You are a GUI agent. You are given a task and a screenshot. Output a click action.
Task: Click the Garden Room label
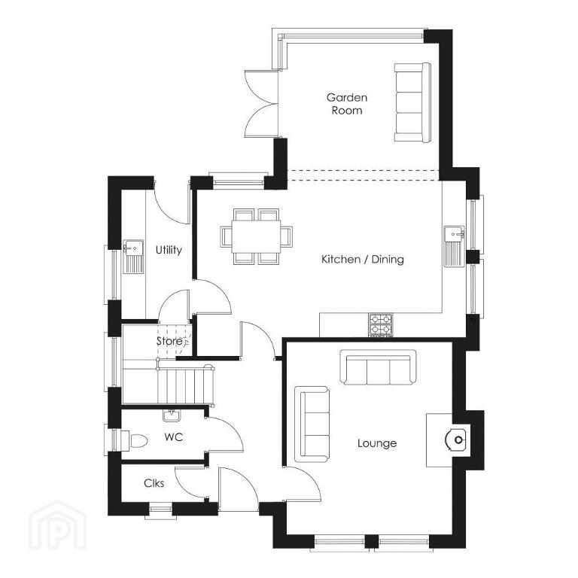(347, 104)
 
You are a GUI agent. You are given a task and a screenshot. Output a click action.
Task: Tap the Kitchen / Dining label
(362, 259)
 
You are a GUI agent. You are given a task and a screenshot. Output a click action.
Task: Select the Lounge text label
(377, 443)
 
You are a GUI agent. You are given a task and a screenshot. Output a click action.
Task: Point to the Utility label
(169, 250)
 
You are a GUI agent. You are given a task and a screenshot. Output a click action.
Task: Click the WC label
(174, 437)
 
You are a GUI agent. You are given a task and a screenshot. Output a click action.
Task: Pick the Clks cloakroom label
(154, 483)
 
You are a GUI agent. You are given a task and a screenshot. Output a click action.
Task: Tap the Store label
(169, 341)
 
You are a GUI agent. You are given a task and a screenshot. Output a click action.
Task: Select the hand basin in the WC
(171, 415)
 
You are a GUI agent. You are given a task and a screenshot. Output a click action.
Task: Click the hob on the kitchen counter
(380, 325)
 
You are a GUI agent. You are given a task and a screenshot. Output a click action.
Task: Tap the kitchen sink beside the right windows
(454, 246)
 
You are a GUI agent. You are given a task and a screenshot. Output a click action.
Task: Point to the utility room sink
(133, 256)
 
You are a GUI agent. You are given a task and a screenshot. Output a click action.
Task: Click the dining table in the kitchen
(256, 236)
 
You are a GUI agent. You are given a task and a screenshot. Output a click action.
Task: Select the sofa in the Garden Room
(412, 102)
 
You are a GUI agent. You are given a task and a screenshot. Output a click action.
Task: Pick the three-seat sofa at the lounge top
(378, 367)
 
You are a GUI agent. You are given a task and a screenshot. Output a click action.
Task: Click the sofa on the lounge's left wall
(312, 424)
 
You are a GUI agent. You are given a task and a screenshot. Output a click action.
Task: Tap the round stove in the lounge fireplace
(456, 440)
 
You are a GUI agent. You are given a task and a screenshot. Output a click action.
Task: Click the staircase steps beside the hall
(185, 386)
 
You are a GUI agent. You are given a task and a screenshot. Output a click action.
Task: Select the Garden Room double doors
(261, 105)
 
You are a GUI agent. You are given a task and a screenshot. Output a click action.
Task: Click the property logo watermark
(57, 525)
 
